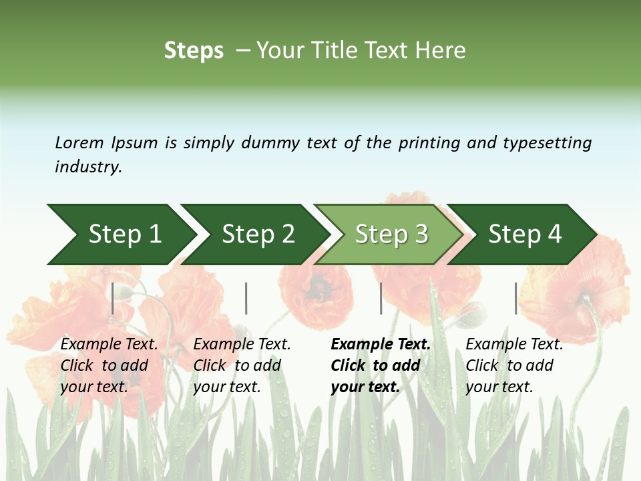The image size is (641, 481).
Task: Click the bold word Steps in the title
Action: point(194,51)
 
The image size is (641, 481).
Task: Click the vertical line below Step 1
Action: point(113,298)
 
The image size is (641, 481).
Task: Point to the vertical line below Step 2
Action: point(246,298)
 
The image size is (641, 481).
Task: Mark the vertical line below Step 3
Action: point(381,298)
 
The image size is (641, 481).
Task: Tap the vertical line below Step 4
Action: point(516,298)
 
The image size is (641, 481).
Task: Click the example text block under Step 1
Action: point(109,365)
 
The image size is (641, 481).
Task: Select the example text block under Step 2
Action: point(242,365)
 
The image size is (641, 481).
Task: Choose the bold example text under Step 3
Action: point(381,365)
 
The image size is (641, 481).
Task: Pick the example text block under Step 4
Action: point(514,365)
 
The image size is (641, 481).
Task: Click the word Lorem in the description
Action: point(79,143)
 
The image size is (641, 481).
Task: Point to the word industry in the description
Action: point(87,167)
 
